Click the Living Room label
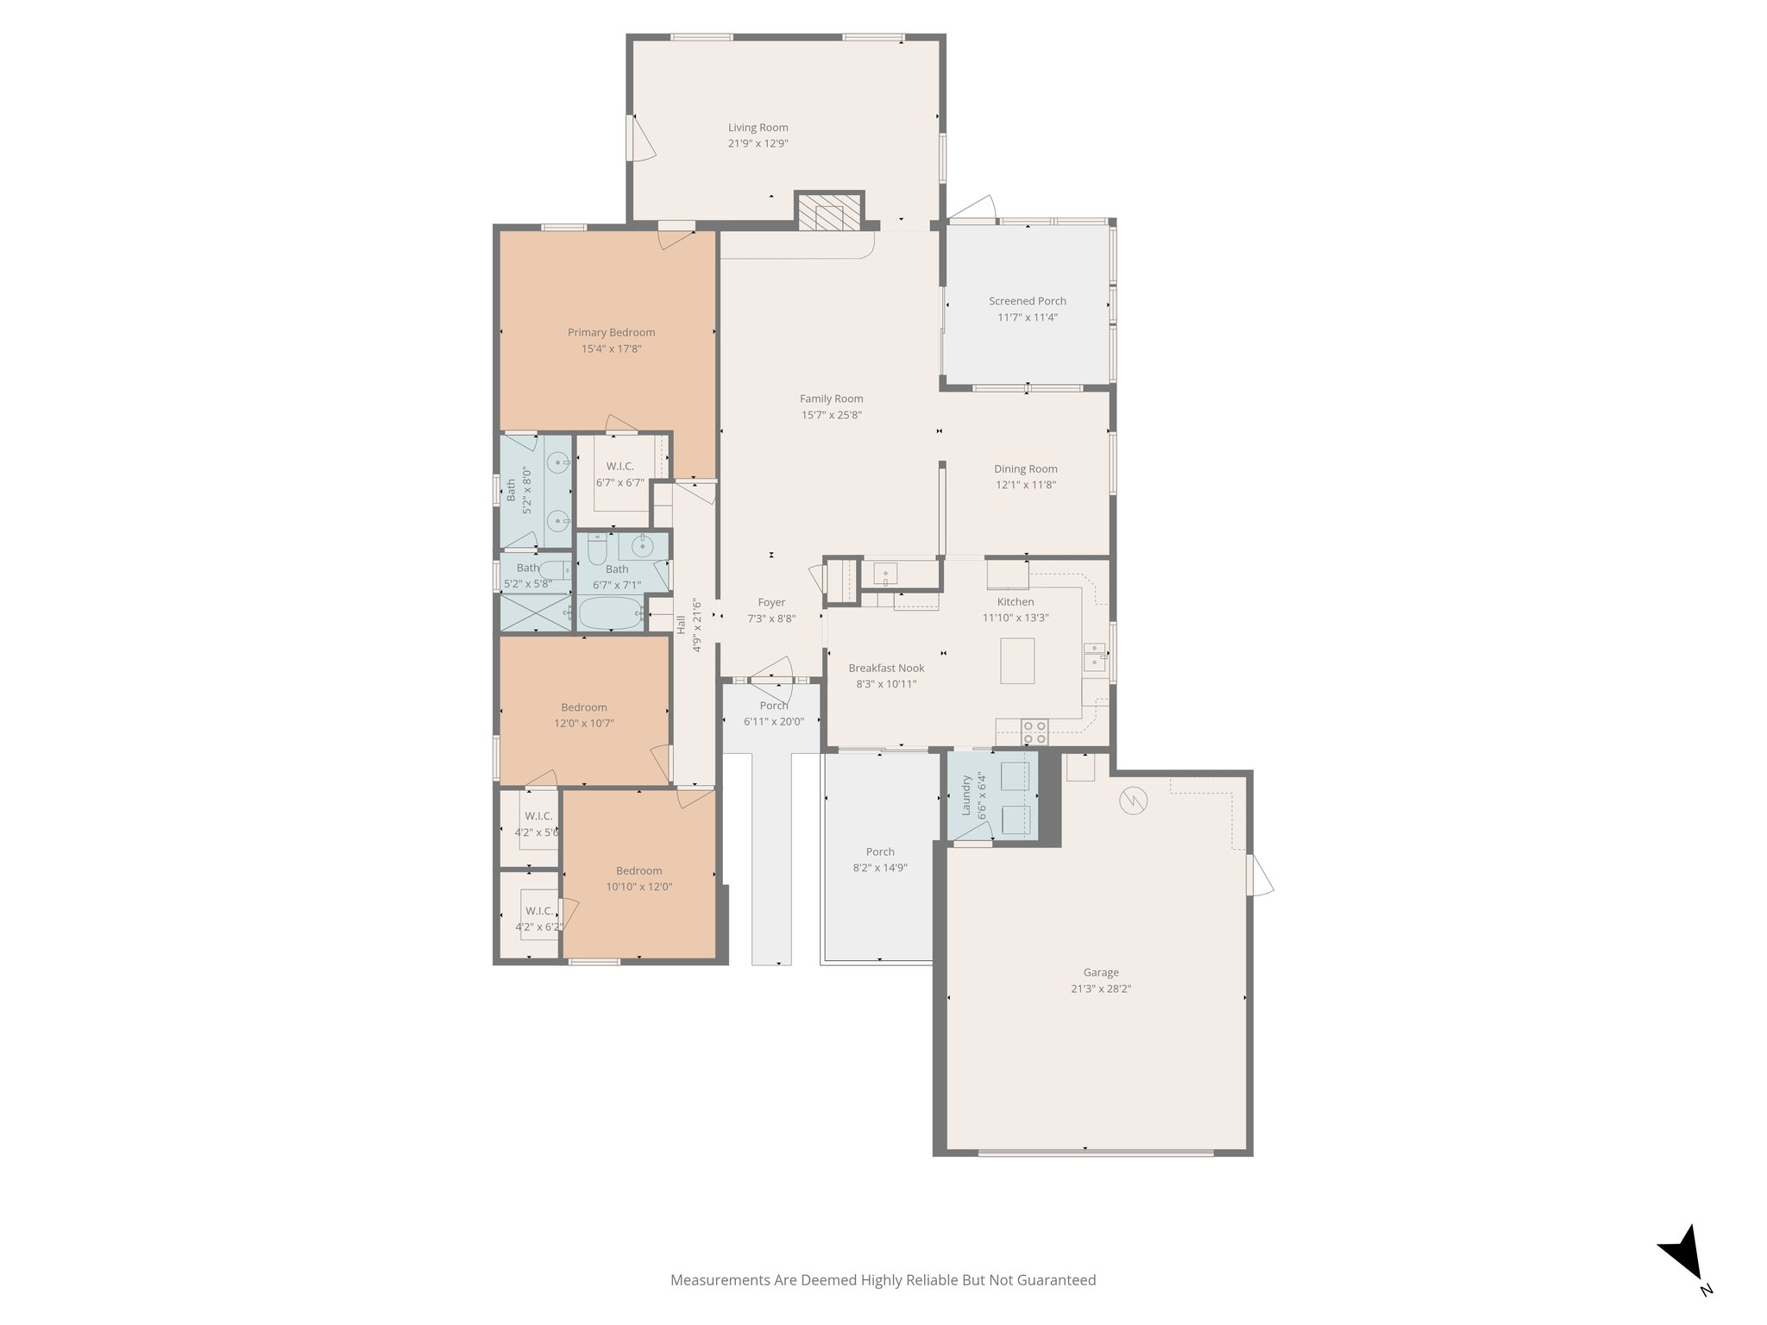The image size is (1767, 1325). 758,128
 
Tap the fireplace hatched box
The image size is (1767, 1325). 829,212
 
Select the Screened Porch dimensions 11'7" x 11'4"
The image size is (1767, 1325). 1027,317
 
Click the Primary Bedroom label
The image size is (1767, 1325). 611,332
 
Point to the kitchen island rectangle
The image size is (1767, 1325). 1017,661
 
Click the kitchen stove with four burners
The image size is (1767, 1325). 1034,732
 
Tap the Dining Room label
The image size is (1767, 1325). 1025,468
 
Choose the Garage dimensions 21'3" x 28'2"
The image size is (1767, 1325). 1101,989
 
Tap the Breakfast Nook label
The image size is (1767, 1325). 886,668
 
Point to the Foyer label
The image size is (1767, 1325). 771,602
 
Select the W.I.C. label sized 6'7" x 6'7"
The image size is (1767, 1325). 619,466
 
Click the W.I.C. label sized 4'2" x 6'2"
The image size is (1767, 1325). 539,911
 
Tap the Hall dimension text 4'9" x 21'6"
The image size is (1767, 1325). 697,626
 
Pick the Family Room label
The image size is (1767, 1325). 831,399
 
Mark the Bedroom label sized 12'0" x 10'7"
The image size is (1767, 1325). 584,707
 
